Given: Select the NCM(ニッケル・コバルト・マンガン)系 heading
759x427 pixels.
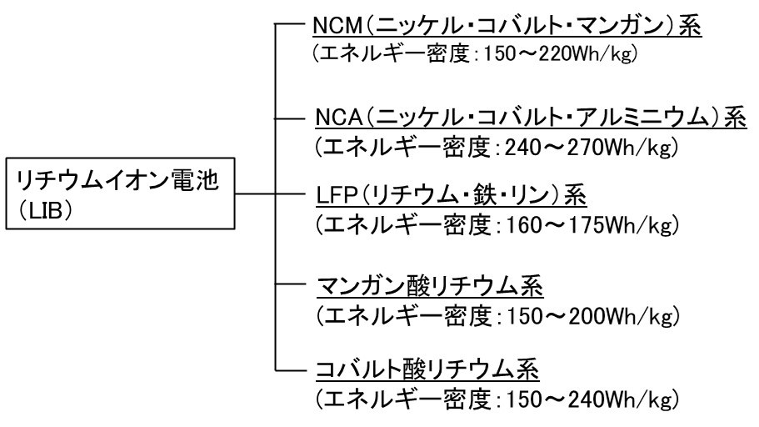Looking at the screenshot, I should pyautogui.click(x=507, y=28).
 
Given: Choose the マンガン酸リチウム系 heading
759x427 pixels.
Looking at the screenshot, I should pyautogui.click(x=430, y=289).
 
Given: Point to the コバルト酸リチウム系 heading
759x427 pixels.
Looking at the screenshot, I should pyautogui.click(x=430, y=368).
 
